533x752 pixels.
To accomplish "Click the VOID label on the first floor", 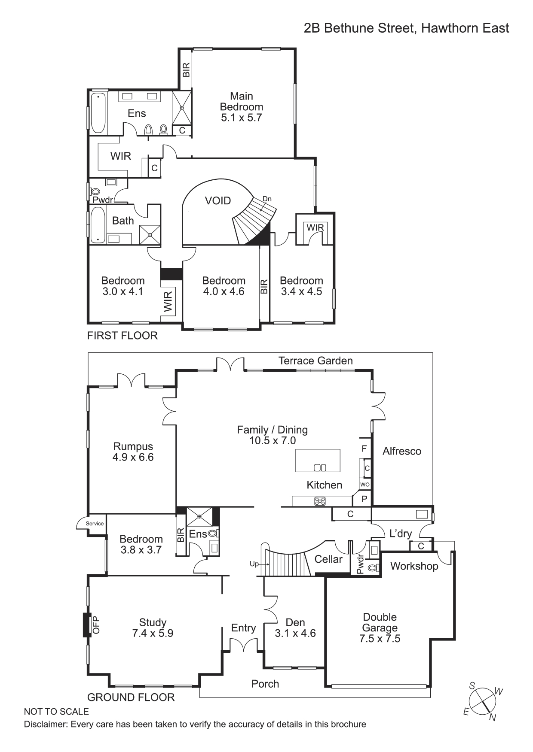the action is pyautogui.click(x=218, y=200).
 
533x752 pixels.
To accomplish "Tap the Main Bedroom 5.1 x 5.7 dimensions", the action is pyautogui.click(x=242, y=118).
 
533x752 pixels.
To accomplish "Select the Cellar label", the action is pyautogui.click(x=328, y=559).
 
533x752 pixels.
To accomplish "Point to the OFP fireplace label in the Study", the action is pyautogui.click(x=96, y=625).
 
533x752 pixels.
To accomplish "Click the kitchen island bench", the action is pyautogui.click(x=318, y=461).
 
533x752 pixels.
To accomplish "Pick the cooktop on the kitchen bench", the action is pyautogui.click(x=320, y=501).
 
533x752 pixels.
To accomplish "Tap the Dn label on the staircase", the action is pyautogui.click(x=267, y=199).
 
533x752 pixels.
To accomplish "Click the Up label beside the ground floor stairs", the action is pyautogui.click(x=254, y=564).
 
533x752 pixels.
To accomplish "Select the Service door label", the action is pyautogui.click(x=95, y=523).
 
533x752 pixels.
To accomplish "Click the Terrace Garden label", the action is pyautogui.click(x=316, y=361).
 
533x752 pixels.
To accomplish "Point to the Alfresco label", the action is pyautogui.click(x=402, y=451).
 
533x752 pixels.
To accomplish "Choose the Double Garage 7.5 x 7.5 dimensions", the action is pyautogui.click(x=380, y=639).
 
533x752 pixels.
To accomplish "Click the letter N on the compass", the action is pyautogui.click(x=493, y=718).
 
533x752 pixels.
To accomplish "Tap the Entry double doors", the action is pyautogui.click(x=243, y=645).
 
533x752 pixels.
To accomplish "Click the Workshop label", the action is pyautogui.click(x=414, y=566).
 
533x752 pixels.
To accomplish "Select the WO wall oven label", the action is pyautogui.click(x=365, y=484).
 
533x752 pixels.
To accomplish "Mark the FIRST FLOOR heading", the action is pyautogui.click(x=123, y=335).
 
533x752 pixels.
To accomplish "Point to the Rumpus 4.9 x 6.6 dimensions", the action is pyautogui.click(x=133, y=457).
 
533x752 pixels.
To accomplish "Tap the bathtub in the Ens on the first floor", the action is pyautogui.click(x=98, y=113).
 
